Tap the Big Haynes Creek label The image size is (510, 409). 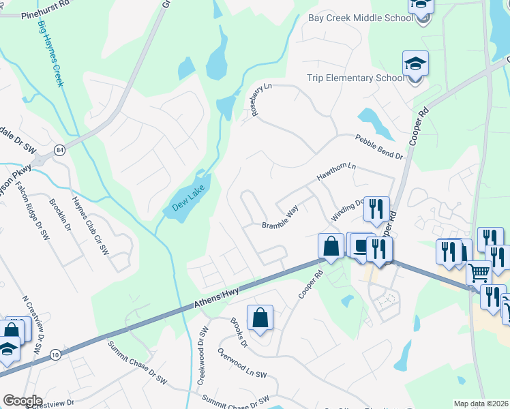(x=50, y=54)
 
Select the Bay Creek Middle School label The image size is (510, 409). (x=360, y=18)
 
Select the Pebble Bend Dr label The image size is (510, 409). (x=379, y=147)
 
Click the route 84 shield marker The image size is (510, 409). (x=60, y=149)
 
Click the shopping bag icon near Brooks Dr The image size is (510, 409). (x=260, y=318)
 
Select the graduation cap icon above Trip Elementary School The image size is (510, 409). (x=415, y=64)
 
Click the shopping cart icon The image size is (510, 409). (x=479, y=273)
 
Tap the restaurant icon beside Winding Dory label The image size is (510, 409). (x=376, y=209)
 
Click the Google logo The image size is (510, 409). (x=22, y=401)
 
